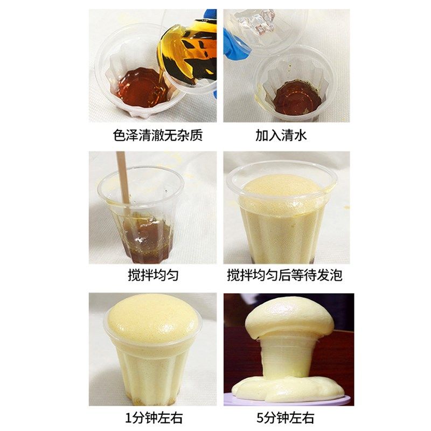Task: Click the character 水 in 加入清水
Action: pos(300,135)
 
